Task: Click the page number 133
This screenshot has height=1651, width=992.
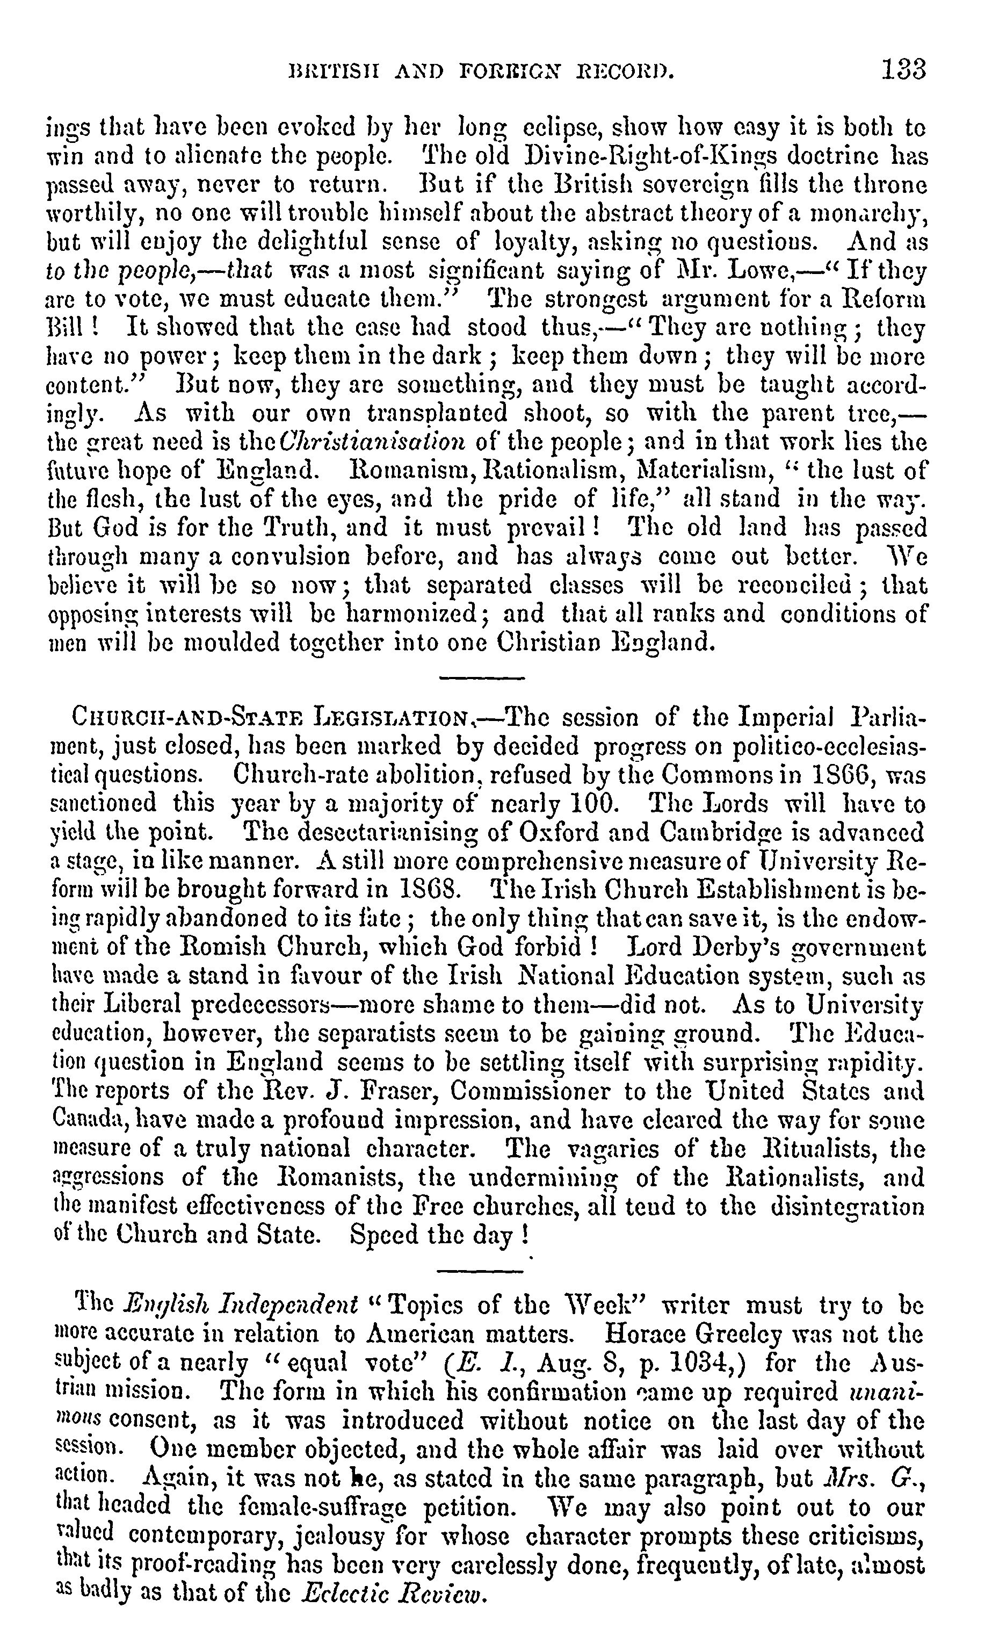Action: tap(903, 69)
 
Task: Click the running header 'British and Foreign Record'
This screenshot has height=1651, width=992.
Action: tap(480, 70)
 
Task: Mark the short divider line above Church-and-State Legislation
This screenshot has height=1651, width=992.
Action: tap(481, 679)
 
